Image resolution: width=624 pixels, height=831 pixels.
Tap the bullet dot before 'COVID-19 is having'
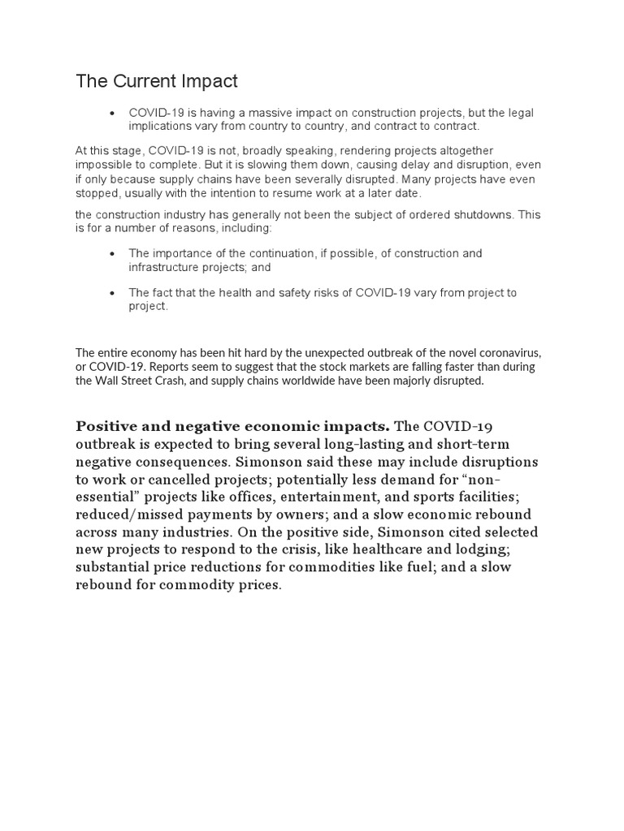[113, 114]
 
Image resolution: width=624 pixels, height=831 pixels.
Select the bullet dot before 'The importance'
[113, 254]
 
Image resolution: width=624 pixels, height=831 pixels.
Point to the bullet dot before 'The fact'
[113, 293]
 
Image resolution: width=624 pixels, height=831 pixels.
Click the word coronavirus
[502, 353]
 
